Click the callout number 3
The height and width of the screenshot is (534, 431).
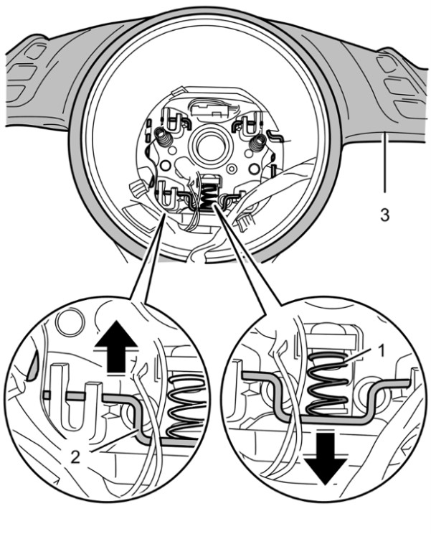pyautogui.click(x=384, y=215)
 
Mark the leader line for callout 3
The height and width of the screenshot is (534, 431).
pyautogui.click(x=384, y=165)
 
